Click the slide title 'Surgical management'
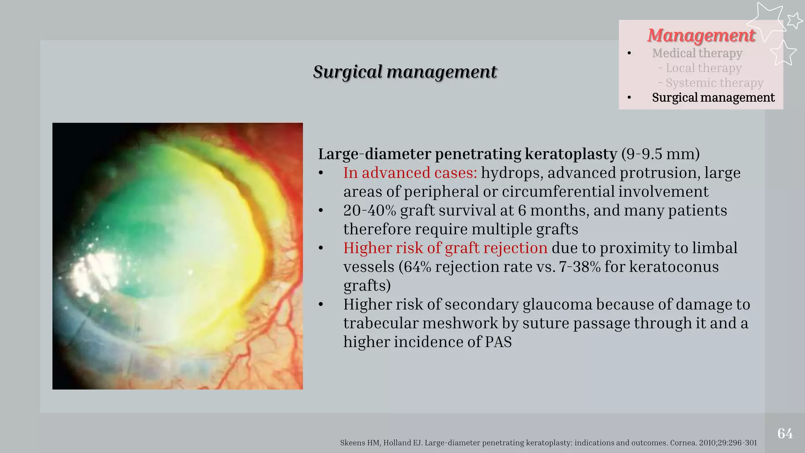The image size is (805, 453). point(405,72)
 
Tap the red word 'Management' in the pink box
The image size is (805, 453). point(701,35)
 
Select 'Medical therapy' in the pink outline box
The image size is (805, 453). point(697,53)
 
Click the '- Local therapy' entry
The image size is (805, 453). point(700,68)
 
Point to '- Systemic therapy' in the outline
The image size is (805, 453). point(711,83)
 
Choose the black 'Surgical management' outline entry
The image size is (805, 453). point(713,98)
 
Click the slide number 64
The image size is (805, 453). point(785,433)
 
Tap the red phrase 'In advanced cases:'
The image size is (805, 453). point(410,173)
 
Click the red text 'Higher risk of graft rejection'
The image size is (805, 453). point(445,248)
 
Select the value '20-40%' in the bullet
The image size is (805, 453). point(369,210)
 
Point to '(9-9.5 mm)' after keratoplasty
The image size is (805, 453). point(660,154)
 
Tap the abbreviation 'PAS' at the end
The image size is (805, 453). point(498,342)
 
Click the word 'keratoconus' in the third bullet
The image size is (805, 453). point(674,267)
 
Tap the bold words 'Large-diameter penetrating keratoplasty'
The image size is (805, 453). point(467,154)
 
